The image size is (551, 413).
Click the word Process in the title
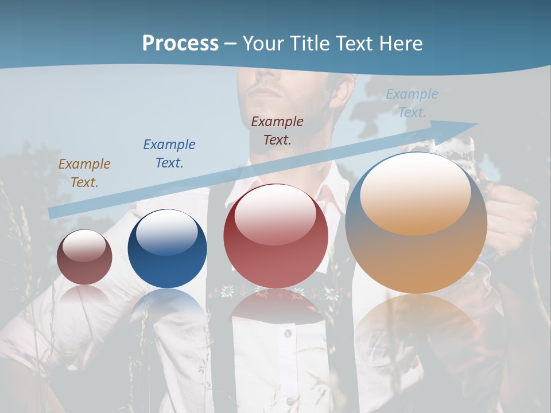180,44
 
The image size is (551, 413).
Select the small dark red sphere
84,258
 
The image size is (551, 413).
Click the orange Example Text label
84,173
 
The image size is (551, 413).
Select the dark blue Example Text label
169,154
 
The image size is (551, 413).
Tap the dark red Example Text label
277,130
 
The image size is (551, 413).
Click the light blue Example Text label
412,103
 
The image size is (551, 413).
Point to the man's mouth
265,92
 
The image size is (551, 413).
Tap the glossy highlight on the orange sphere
415,194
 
